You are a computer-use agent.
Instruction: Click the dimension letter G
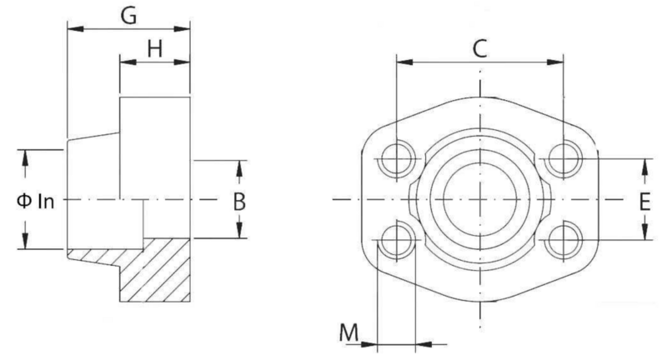coord(128,16)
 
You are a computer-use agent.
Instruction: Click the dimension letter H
coord(155,49)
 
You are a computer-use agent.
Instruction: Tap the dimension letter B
coord(239,202)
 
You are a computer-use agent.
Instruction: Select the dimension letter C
coord(480,49)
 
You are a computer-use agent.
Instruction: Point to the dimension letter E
coord(644,202)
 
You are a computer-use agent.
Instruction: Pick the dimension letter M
coord(349,332)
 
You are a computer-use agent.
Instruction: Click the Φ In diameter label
coord(36,202)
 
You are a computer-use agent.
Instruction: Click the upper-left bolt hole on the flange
coord(397,159)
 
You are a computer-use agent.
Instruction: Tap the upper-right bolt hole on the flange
coord(564,159)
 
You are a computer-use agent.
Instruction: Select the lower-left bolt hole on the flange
coord(397,241)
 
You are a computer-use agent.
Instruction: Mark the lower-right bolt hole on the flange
coord(564,241)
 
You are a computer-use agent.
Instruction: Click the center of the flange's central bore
coord(480,199)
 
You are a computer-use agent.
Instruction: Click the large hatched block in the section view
coord(155,270)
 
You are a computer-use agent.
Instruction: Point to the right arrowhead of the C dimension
coord(555,62)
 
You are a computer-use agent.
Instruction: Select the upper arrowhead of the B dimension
coord(239,168)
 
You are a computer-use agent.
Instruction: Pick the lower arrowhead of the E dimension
coord(644,232)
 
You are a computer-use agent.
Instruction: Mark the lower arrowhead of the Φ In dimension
coord(25,241)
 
